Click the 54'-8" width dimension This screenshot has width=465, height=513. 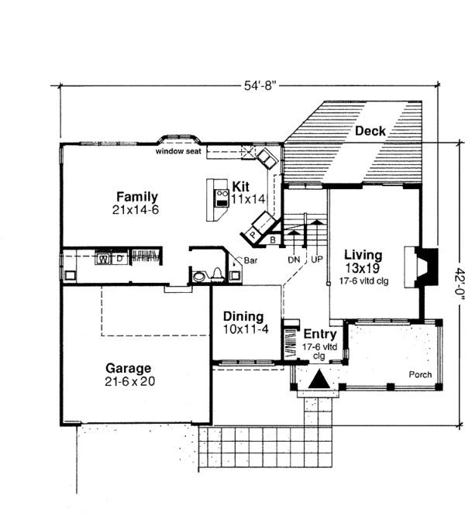260,86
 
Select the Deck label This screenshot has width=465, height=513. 370,131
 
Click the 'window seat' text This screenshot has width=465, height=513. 178,151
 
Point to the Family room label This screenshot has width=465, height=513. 137,197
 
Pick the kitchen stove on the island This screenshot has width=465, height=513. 222,198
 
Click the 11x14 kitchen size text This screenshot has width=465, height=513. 248,199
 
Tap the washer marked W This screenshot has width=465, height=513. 103,259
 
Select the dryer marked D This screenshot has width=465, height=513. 120,259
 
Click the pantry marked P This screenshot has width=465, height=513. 253,234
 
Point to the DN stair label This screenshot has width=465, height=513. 294,260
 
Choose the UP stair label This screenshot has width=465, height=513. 317,260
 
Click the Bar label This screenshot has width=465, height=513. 250,260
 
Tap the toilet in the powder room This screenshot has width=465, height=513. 217,275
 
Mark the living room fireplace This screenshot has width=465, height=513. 422,267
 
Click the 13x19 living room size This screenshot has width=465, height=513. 363,268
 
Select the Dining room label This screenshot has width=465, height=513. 243,316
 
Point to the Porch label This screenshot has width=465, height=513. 420,374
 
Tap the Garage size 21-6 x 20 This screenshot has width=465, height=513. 130,381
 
